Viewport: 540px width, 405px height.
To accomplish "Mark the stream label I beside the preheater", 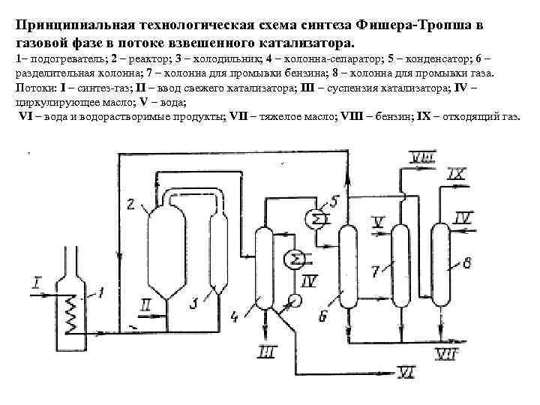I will click(37, 281).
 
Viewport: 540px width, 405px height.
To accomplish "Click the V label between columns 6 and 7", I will click(378, 221).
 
